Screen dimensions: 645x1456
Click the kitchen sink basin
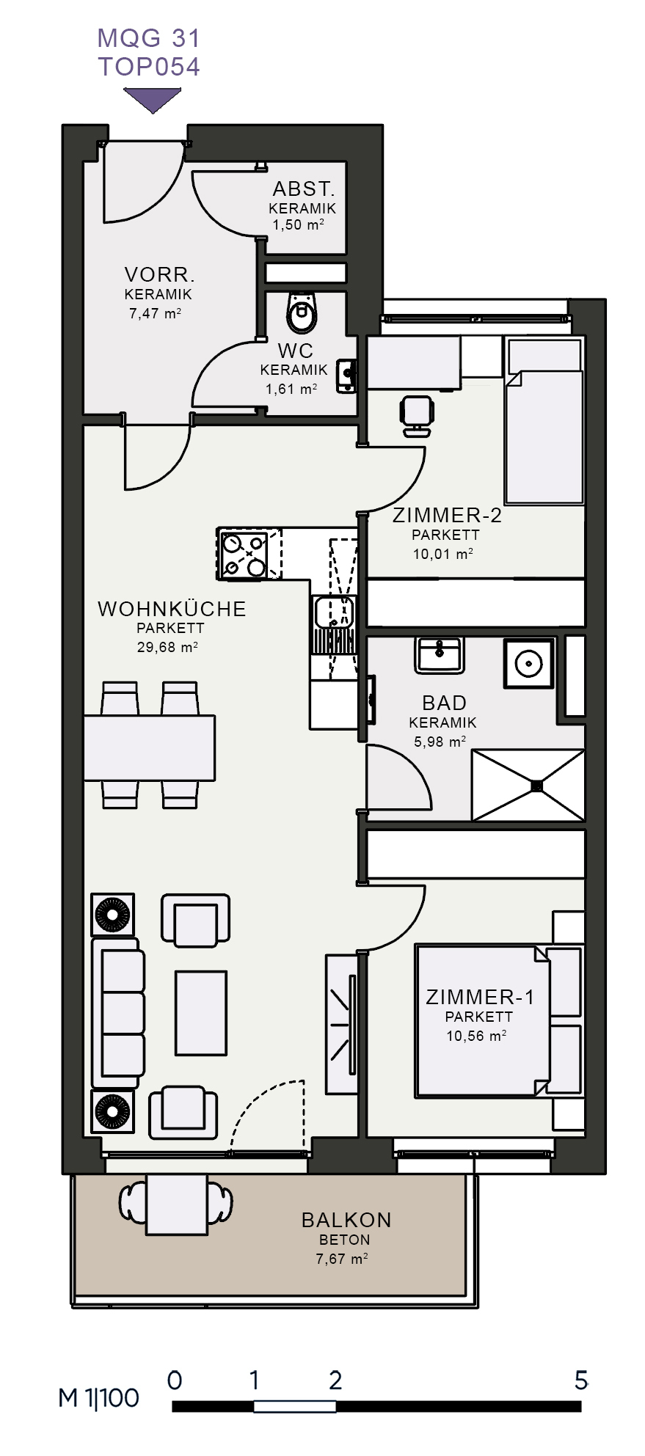(335, 612)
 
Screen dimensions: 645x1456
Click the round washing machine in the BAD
(528, 663)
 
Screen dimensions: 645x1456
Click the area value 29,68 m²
(167, 647)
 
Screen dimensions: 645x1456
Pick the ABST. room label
(304, 189)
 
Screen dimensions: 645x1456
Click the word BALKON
(346, 1220)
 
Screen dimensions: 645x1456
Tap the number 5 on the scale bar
(581, 1381)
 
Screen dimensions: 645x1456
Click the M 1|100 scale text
(99, 1398)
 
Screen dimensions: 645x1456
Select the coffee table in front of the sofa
(200, 1012)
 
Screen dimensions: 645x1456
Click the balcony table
(177, 1204)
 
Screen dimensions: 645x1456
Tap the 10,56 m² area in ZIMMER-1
(477, 1036)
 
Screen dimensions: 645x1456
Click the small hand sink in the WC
(347, 375)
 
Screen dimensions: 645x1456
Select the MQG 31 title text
(149, 38)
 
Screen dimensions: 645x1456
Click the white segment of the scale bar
(295, 1406)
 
